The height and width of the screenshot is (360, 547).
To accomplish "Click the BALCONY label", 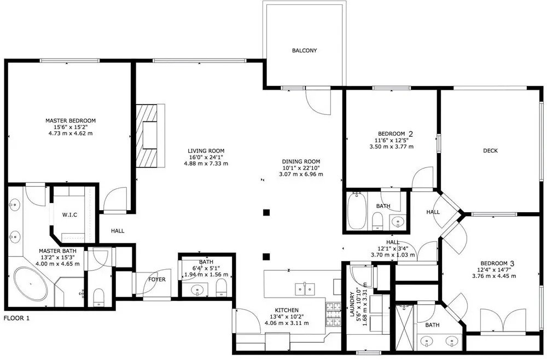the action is point(304,50).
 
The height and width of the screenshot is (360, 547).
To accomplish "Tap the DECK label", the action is point(490,150).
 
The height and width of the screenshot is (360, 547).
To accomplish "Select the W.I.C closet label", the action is point(70,215).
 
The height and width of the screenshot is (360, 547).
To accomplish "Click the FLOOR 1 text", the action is point(17,318).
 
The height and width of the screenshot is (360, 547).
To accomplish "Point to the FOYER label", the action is point(157,280).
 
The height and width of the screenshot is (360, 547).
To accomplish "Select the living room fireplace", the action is point(150,136).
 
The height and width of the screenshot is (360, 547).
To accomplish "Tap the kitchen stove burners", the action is point(333,314).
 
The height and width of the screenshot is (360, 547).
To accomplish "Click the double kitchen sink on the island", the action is point(305,289).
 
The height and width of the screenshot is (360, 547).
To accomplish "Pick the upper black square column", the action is point(266,212).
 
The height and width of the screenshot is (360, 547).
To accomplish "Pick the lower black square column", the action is point(266,257).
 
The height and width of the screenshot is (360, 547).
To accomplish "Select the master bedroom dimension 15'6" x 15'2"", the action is point(71,127).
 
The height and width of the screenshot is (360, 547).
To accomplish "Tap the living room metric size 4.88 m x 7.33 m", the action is point(206,163).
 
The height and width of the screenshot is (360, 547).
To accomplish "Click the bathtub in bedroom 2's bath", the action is point(356,211).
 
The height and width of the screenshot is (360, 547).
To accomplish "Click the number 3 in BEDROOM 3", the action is point(512,263).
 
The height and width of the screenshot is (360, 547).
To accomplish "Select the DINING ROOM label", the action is point(301,161).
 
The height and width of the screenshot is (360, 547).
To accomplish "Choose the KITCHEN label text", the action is point(287,310).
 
